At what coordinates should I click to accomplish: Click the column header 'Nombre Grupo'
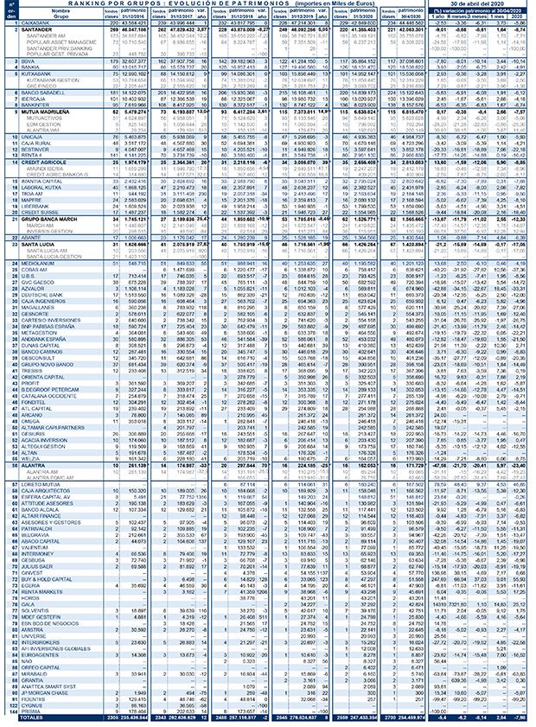coord(60,13)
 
